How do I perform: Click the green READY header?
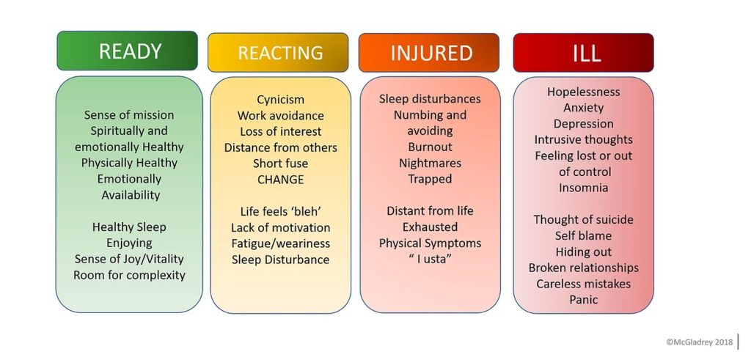point(127,51)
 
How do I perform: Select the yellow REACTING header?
point(278,53)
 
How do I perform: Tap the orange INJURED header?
point(428,53)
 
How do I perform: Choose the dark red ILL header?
point(583,53)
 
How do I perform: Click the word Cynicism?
point(281,100)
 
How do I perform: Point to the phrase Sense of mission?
point(129,115)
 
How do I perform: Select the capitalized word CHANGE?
point(281,180)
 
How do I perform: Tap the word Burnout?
point(430,147)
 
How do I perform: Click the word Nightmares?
point(430,164)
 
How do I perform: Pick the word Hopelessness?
point(583,92)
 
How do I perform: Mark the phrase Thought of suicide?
point(583,220)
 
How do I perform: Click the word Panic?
point(583,300)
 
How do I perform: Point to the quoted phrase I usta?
point(430,260)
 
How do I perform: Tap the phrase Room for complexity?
point(129,275)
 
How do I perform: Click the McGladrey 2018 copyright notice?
point(699,342)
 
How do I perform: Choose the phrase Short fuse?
point(281,164)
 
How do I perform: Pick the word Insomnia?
point(583,188)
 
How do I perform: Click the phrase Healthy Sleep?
point(129,227)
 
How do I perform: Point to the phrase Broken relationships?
point(583,268)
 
